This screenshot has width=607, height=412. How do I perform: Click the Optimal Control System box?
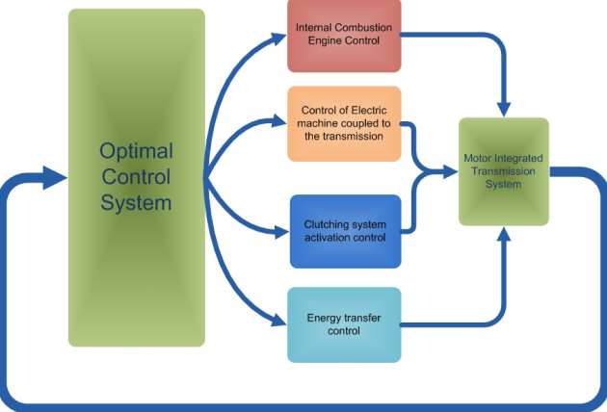(136, 178)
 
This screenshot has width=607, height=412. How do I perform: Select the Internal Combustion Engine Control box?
(344, 37)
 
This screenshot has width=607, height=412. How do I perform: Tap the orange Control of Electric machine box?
(344, 123)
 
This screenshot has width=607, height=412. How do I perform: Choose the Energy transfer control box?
(344, 324)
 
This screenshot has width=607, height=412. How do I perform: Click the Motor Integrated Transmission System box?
(503, 171)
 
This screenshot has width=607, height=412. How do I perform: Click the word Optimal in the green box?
(136, 152)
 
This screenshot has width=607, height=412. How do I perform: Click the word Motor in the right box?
(479, 158)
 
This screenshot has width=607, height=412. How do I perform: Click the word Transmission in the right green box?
(503, 171)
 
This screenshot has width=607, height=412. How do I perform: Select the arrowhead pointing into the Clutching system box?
(281, 231)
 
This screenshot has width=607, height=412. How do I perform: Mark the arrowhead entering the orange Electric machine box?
(281, 122)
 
